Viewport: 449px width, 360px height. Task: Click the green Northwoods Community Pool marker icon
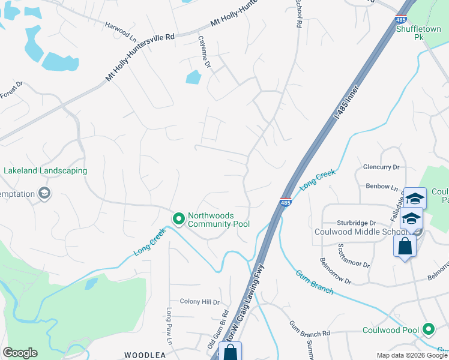[178, 220]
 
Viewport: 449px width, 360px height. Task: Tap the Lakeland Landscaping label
[45, 170]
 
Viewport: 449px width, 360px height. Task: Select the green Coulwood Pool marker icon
[429, 329]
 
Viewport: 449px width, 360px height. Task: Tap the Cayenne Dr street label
[205, 51]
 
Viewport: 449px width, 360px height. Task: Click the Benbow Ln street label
[382, 187]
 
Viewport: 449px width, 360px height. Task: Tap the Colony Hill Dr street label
[200, 302]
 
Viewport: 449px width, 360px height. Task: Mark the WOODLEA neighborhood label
[145, 355]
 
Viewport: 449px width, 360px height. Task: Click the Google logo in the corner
[20, 353]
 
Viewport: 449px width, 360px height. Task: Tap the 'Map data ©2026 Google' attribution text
[412, 355]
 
